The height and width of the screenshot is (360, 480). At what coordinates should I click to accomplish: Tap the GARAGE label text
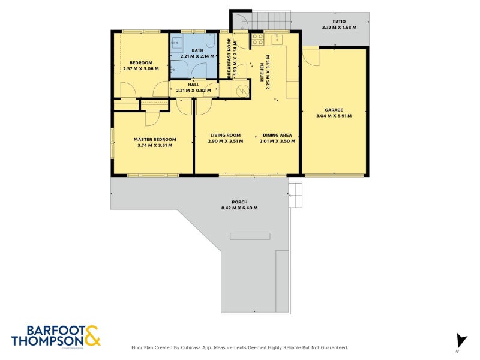tap(334, 110)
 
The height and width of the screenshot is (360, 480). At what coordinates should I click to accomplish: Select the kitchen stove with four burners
tap(257, 40)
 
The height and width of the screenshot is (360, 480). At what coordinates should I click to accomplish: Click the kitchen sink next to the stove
tap(277, 40)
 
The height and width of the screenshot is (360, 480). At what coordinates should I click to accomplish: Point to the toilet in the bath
tap(211, 41)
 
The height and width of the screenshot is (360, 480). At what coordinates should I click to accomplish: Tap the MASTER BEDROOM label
tap(155, 139)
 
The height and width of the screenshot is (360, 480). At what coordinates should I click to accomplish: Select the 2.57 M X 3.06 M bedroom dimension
tap(141, 69)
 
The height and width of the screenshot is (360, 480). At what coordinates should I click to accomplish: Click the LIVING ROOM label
tap(225, 135)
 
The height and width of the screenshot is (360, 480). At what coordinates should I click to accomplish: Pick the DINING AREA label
tap(275, 135)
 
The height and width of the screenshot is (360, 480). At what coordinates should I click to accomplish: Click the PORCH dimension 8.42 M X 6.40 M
tap(239, 208)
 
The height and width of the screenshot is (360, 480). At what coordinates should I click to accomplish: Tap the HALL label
tap(193, 85)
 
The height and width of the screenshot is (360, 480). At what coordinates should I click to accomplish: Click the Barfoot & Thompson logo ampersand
tap(92, 336)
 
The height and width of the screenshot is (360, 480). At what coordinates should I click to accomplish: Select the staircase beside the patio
tap(270, 22)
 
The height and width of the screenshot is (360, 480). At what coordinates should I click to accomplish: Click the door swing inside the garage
tap(310, 57)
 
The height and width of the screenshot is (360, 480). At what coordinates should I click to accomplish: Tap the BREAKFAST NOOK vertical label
tap(230, 58)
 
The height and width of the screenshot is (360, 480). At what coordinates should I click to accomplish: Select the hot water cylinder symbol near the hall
tap(242, 90)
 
